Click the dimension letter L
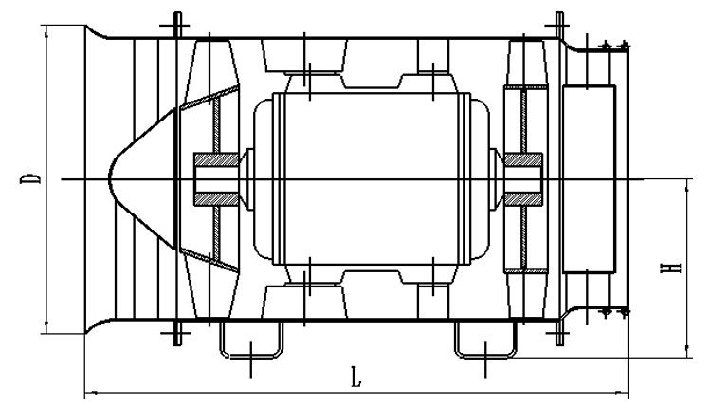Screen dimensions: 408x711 pos(355,379)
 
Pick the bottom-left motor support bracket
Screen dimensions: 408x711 pos(304,295)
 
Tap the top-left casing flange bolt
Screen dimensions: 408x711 pos(178,26)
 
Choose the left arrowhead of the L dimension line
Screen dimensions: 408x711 pos(88,392)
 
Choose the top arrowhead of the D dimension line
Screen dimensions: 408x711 pos(45,28)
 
